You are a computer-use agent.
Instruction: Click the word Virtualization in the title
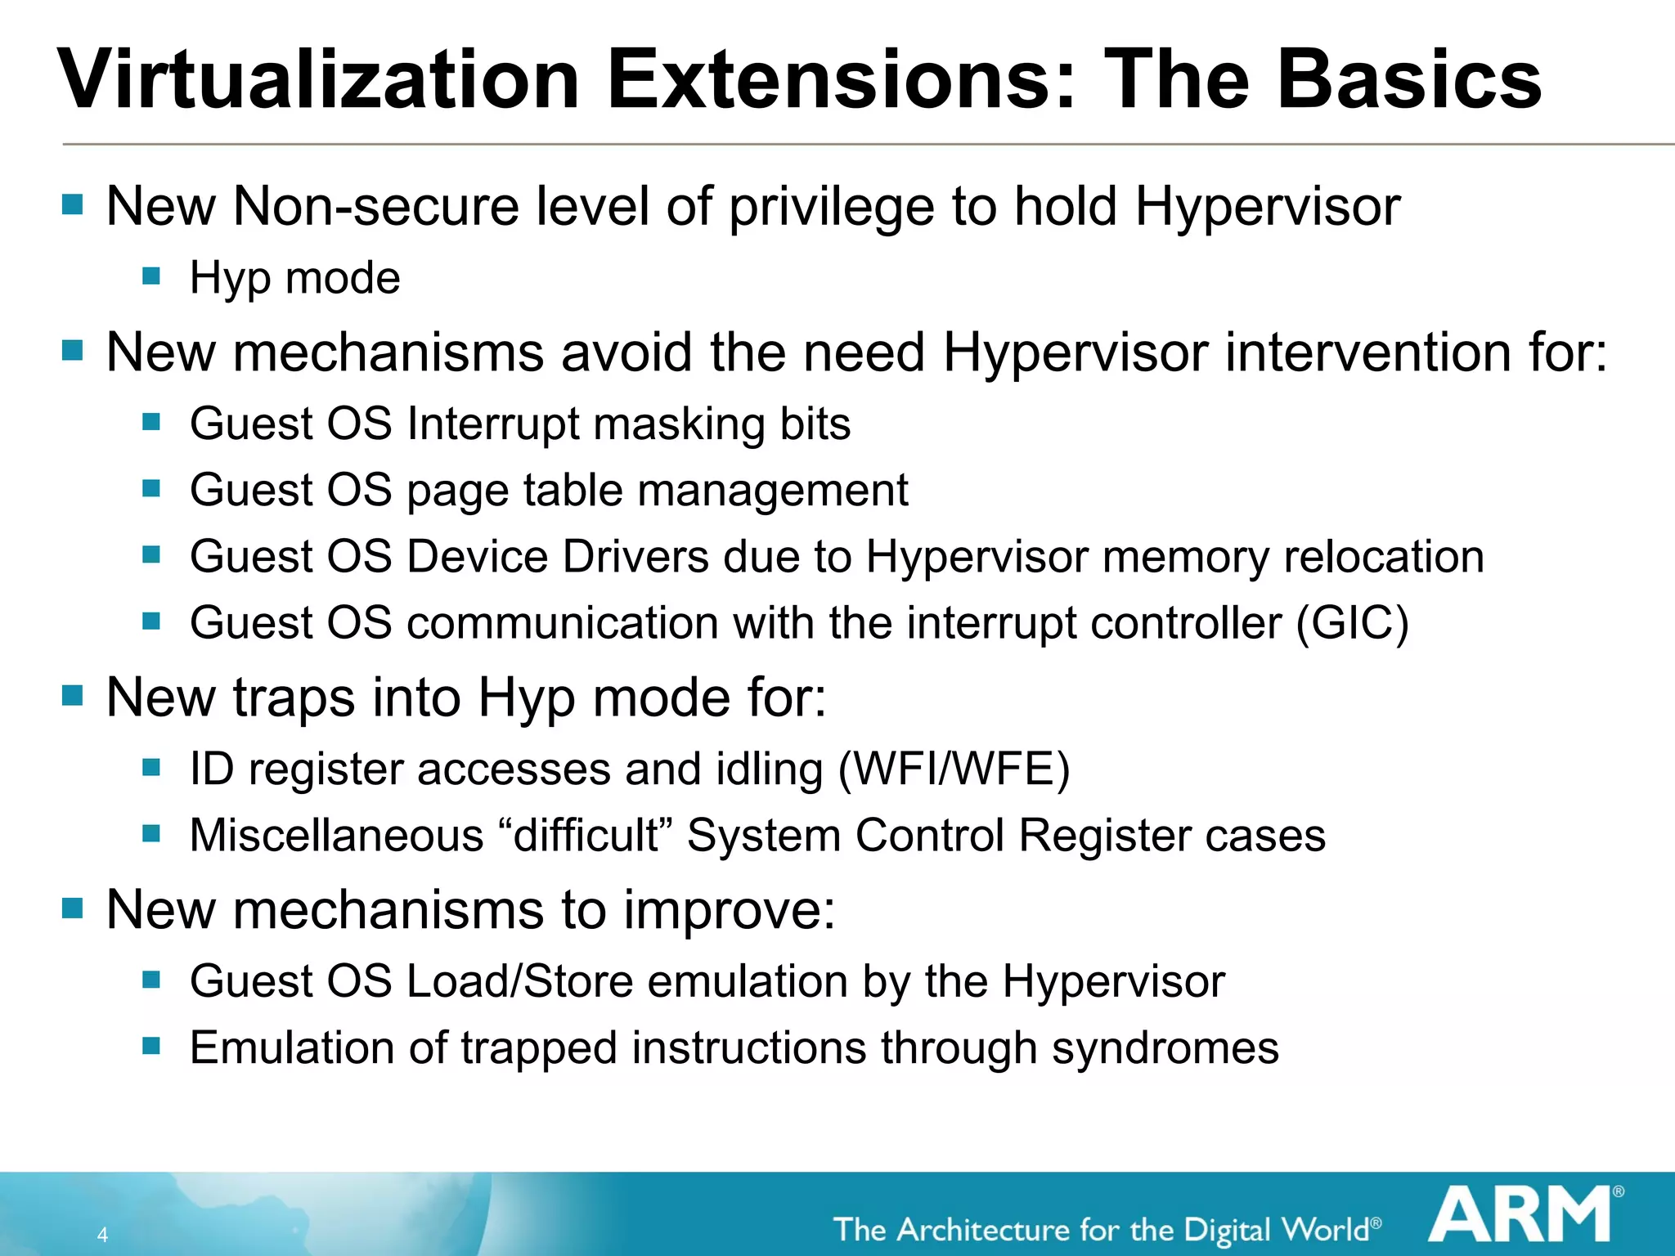319,79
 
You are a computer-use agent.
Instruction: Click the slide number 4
102,1234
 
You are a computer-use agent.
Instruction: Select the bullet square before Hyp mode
151,276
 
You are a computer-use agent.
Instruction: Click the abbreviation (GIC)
1352,623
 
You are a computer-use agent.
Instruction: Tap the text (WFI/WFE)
954,769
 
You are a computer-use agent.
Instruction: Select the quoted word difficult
586,836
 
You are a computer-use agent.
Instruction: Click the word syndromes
1165,1048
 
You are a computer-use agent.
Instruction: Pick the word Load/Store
519,981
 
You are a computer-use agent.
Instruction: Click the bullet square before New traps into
73,696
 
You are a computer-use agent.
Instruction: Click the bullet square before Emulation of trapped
151,1046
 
